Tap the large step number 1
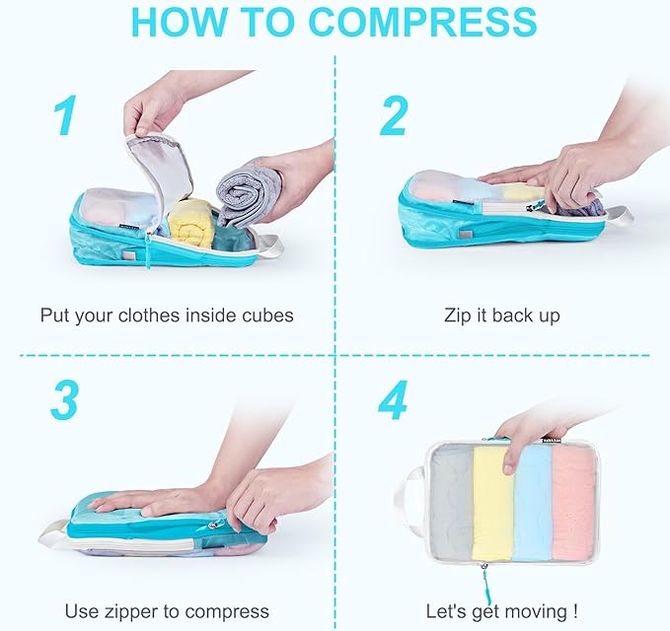(65, 116)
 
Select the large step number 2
(393, 116)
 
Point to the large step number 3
(65, 398)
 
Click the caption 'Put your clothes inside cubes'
(167, 315)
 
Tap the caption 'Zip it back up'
(502, 315)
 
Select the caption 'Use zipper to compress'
(167, 611)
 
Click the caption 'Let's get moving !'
(502, 611)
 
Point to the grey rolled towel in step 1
(248, 192)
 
